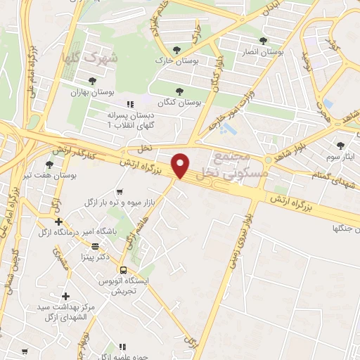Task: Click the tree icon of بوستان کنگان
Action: pos(180,91)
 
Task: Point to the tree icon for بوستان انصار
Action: pos(264,40)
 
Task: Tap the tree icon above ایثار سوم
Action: pos(340,146)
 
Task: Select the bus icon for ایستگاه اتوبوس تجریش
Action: pos(123,270)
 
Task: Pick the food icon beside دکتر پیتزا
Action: pos(95,246)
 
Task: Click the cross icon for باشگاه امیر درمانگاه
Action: pos(58,221)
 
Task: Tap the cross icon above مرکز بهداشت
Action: pos(66,297)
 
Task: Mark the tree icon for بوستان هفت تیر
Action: pos(58,150)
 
